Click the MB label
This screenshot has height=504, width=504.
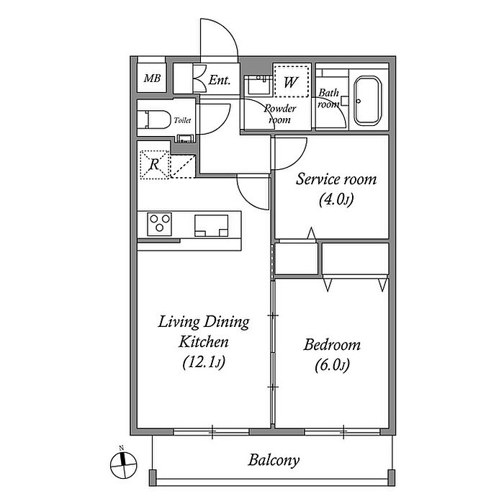152,78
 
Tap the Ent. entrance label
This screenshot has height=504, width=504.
219,80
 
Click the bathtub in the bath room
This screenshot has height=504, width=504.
368,101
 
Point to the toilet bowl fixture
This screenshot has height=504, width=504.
154,120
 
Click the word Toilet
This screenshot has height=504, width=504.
182,120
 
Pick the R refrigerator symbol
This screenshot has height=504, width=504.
155,165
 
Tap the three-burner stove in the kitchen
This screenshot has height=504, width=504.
159,224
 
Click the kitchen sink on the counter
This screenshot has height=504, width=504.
212,225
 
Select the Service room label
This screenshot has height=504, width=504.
336,179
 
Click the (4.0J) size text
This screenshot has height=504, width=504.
336,200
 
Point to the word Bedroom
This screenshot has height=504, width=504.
332,345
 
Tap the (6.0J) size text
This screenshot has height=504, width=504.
332,365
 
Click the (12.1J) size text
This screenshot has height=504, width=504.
204,362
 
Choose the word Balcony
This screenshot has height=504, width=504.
274,460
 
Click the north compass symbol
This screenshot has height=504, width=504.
123,464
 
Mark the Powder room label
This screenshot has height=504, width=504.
279,114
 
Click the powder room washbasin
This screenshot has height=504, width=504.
258,84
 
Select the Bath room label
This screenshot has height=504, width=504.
328,98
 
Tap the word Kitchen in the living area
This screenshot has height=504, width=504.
204,342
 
